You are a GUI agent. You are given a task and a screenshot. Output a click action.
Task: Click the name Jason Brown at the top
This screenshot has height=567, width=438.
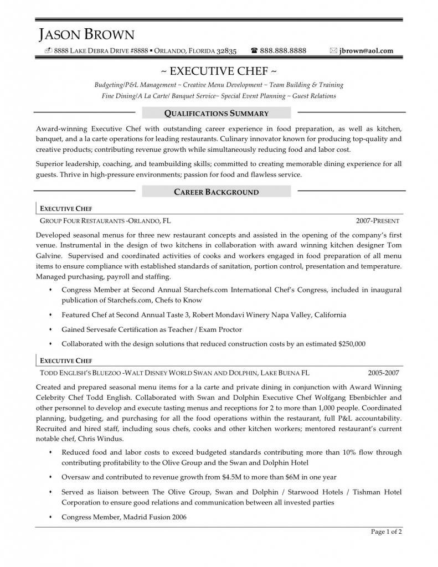click(86, 35)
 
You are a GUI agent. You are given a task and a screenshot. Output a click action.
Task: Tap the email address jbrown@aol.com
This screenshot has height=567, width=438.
click(367, 51)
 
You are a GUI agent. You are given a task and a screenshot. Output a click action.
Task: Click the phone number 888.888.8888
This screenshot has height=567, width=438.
click(282, 51)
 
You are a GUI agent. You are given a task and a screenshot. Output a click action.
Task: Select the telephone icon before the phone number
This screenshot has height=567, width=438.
click(254, 51)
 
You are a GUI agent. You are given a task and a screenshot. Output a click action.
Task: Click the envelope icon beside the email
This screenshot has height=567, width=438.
click(333, 51)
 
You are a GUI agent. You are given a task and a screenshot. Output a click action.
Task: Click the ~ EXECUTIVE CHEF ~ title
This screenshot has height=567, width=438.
click(219, 71)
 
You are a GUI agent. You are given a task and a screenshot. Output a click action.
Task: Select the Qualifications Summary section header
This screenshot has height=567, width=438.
click(217, 114)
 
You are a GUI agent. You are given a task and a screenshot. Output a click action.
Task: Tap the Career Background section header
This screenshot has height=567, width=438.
click(217, 192)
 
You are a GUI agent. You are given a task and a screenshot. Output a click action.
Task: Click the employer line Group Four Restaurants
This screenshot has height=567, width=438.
click(81, 220)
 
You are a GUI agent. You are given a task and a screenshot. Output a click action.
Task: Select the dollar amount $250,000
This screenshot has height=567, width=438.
click(352, 344)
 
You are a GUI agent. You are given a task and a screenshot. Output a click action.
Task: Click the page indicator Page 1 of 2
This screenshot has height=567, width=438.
click(386, 532)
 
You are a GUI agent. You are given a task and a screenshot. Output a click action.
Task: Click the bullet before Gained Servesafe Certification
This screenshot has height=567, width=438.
click(50, 329)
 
